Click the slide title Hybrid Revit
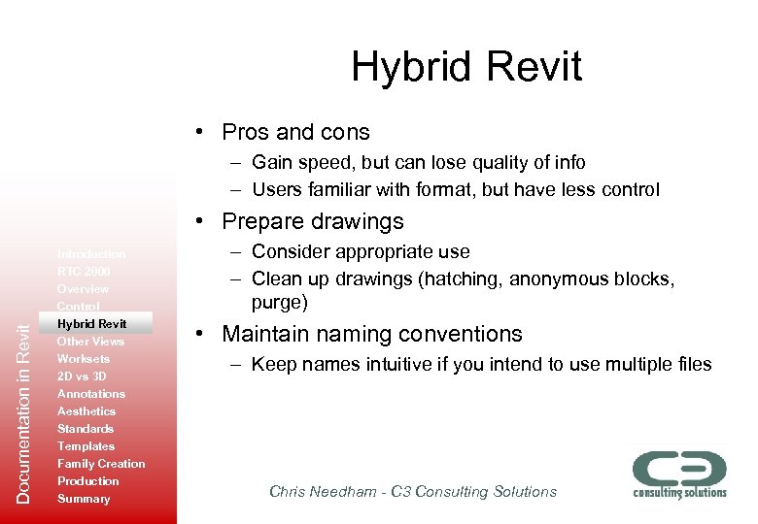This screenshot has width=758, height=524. pos(466,67)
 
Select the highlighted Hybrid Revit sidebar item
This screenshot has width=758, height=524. pos(91,323)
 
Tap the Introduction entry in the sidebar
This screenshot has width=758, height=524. pos(91,254)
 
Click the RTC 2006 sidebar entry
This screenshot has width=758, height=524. pos(84,272)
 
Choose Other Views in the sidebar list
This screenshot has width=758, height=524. pos(90,342)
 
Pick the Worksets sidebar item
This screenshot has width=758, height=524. pos(84,359)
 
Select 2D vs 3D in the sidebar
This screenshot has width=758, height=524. pos(82,377)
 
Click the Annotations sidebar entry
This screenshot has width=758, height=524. pos(91,394)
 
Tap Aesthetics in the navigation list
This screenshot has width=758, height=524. pos(86,411)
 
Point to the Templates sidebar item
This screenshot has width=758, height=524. pos(86,446)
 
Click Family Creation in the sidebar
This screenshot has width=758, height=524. pos(101,464)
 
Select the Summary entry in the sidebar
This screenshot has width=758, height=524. pos(84,499)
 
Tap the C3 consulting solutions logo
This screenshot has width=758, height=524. pos(679,475)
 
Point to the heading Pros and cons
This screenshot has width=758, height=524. pos(295,132)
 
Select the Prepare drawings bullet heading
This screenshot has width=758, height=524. pos(312,221)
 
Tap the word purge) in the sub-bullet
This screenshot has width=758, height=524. pos(280,303)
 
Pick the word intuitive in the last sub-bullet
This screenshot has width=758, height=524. pos(383,365)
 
